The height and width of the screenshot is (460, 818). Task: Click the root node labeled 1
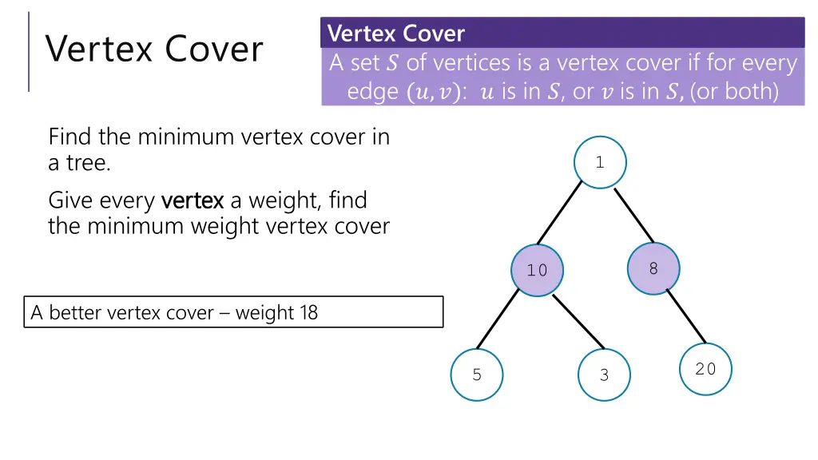(x=600, y=162)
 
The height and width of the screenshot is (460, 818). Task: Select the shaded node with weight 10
(x=537, y=270)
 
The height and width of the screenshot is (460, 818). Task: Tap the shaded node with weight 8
(x=653, y=268)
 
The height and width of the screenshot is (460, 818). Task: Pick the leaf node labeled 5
(x=477, y=375)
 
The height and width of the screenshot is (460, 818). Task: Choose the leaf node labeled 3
(x=604, y=375)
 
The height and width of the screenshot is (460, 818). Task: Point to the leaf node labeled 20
(x=705, y=369)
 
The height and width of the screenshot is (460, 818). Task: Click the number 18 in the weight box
(x=308, y=312)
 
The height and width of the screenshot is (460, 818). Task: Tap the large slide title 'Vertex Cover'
(x=154, y=49)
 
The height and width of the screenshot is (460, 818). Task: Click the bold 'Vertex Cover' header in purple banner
(x=396, y=34)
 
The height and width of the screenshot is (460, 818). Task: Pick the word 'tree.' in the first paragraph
(x=79, y=164)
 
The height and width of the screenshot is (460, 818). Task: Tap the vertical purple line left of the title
(x=29, y=51)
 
